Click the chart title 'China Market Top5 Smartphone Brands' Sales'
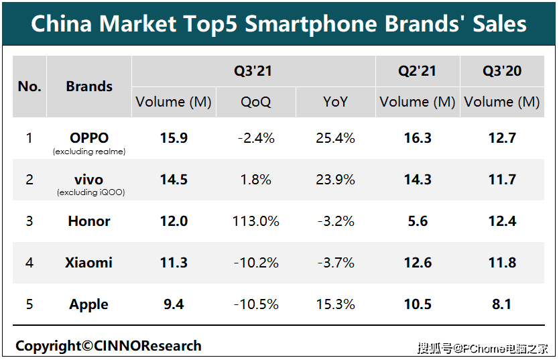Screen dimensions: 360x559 click(279, 24)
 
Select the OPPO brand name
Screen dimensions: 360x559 click(89, 138)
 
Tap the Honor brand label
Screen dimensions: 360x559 click(89, 221)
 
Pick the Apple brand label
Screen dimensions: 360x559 click(89, 304)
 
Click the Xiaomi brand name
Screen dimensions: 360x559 click(89, 263)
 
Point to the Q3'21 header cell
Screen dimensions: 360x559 click(253, 71)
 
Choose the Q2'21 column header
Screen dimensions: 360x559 click(417, 71)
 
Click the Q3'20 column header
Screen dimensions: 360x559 click(502, 71)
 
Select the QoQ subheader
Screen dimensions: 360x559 click(256, 102)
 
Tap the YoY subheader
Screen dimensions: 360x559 click(335, 102)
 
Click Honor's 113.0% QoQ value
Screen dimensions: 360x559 click(257, 221)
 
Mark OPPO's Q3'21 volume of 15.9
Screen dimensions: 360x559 click(174, 138)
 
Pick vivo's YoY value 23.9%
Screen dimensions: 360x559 click(335, 180)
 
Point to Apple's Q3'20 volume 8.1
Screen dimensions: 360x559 click(502, 304)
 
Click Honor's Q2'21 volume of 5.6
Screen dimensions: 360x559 click(418, 221)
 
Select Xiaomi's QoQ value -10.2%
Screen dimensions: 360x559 click(257, 263)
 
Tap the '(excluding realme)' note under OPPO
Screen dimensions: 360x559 click(89, 152)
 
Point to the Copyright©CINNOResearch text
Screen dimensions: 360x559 click(109, 346)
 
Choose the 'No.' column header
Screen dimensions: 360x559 click(29, 86)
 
